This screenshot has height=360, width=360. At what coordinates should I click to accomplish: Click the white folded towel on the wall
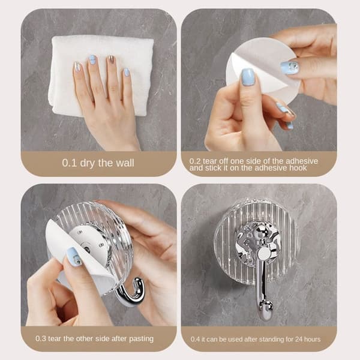pos(101,76)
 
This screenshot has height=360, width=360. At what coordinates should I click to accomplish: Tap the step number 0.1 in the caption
pos(69,163)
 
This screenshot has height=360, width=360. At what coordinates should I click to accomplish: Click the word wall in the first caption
pos(125,163)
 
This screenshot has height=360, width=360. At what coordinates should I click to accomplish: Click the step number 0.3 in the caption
pos(41,338)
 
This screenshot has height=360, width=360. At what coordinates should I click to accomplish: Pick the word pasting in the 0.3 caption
pos(141,339)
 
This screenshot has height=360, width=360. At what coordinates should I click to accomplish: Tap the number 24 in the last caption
pos(299,339)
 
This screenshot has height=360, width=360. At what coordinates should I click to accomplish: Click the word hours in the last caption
pos(312,339)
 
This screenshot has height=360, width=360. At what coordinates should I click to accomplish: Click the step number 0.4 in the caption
pos(195,340)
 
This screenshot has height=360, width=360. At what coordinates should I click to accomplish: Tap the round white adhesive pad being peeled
pos(264,69)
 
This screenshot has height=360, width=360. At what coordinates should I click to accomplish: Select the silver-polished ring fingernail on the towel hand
pos(111,61)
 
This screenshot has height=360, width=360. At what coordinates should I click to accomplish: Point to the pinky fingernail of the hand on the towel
pos(127,72)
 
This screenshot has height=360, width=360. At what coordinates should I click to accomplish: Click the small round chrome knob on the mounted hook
pos(264,254)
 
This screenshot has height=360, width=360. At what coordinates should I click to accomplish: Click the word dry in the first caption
pos(87,163)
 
